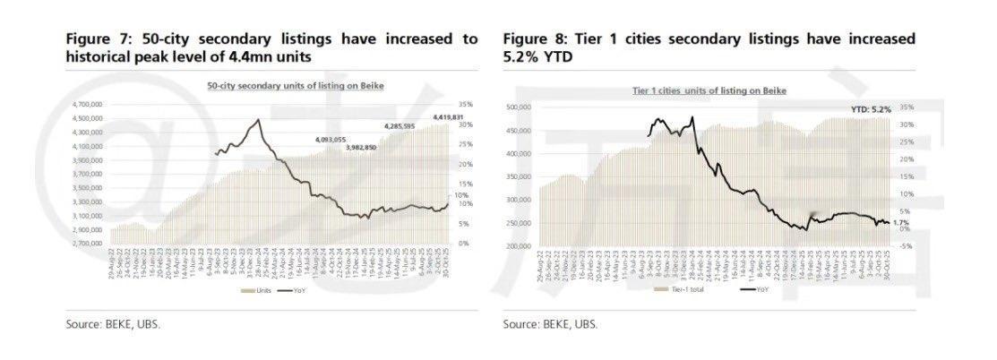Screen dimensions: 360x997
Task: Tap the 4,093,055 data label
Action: (331, 139)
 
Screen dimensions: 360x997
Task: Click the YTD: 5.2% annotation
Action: (868, 108)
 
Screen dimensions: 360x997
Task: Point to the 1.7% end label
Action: (900, 221)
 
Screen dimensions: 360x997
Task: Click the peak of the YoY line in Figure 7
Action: (259, 119)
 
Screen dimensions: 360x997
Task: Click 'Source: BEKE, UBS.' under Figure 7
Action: (113, 323)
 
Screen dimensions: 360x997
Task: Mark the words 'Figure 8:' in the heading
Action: (534, 39)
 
